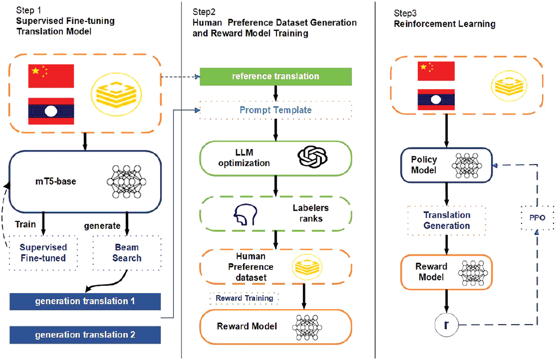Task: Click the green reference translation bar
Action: pyautogui.click(x=275, y=77)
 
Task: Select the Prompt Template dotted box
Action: pyautogui.click(x=275, y=110)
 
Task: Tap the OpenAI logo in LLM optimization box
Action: pyautogui.click(x=312, y=157)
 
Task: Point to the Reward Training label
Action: pyautogui.click(x=244, y=298)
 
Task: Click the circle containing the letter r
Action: pyautogui.click(x=446, y=325)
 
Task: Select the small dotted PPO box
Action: pyautogui.click(x=537, y=218)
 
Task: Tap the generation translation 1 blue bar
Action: pyautogui.click(x=85, y=302)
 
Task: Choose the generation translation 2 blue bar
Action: pyautogui.click(x=85, y=335)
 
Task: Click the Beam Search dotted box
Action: pyautogui.click(x=127, y=253)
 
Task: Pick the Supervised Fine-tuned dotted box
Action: pyautogui.click(x=43, y=253)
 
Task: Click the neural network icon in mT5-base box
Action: pyautogui.click(x=126, y=182)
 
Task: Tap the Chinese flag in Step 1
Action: pyautogui.click(x=51, y=76)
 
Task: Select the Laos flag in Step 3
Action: pyautogui.click(x=436, y=100)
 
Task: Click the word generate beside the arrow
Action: pyautogui.click(x=102, y=226)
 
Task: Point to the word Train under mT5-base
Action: pyautogui.click(x=25, y=225)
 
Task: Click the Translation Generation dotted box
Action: pyautogui.click(x=447, y=221)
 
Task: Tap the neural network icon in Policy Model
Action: pyautogui.click(x=467, y=166)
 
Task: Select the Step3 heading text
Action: pyautogui.click(x=405, y=13)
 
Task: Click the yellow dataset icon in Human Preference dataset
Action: pyautogui.click(x=307, y=267)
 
